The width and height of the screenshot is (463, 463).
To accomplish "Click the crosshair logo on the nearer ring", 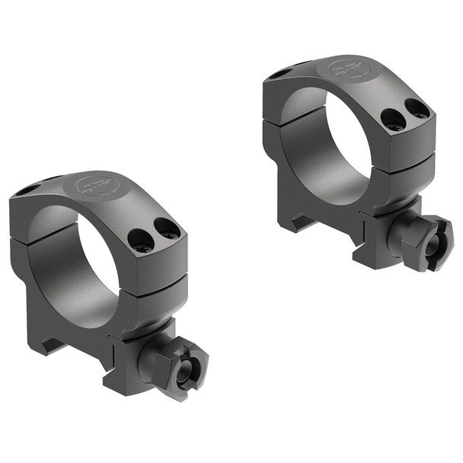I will tap(97, 184).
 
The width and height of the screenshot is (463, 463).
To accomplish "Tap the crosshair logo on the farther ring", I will tap(349, 69).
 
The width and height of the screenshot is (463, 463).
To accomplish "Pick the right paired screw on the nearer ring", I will tap(168, 228).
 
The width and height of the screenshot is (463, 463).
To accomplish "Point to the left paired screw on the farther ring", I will tap(392, 118).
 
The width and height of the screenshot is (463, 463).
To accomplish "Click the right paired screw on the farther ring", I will tap(417, 108).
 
